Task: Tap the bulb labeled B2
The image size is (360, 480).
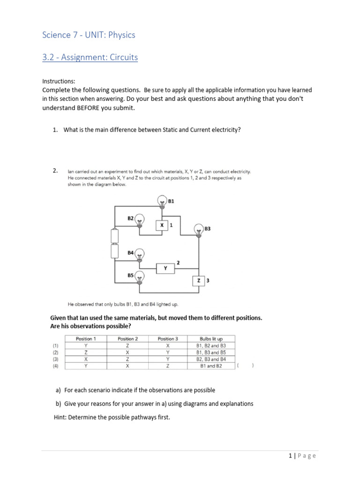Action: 139,219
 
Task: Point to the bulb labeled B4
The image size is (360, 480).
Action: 139,255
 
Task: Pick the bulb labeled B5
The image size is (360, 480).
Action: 139,279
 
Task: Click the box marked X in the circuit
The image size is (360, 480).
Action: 162,225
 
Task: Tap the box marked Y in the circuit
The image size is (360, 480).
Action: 165,268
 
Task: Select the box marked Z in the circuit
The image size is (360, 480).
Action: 198,280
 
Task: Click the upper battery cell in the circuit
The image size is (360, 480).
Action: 114,236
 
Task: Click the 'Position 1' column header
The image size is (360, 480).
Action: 86,338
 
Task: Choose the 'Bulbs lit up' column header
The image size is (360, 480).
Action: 211,338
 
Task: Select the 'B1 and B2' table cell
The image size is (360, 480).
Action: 211,366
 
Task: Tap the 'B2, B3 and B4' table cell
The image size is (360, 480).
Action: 211,359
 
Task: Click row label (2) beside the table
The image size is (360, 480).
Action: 56,352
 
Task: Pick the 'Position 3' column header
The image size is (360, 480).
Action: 167,338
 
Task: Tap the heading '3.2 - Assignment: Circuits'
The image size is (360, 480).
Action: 90,58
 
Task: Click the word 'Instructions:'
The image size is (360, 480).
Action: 59,81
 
